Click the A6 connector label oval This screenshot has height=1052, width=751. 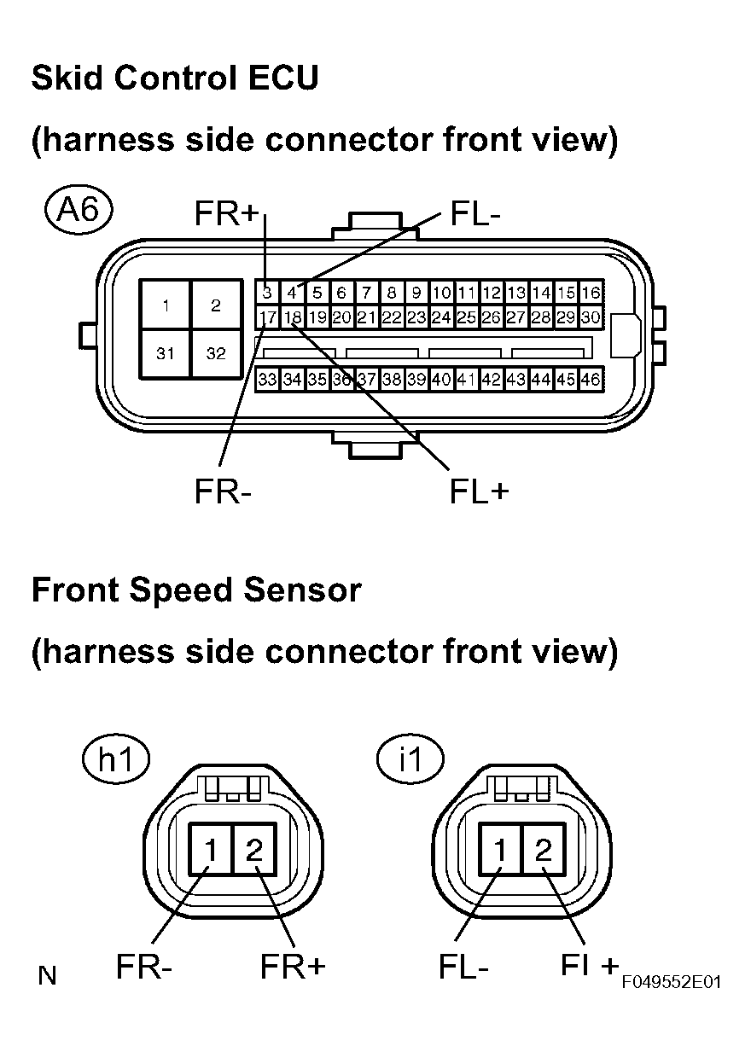pyautogui.click(x=77, y=210)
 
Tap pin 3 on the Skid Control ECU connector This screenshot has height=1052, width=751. pyautogui.click(x=267, y=293)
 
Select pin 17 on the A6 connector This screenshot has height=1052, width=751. pyautogui.click(x=267, y=317)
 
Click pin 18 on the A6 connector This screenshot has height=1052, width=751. pyautogui.click(x=293, y=317)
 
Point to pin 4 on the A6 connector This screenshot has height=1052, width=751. pyautogui.click(x=292, y=293)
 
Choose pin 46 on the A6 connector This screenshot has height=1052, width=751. pyautogui.click(x=591, y=379)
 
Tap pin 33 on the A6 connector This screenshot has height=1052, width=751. pyautogui.click(x=267, y=379)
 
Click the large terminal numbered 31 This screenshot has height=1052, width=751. pyautogui.click(x=166, y=353)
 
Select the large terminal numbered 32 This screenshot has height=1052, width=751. pyautogui.click(x=215, y=353)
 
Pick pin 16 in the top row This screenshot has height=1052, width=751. pyautogui.click(x=591, y=293)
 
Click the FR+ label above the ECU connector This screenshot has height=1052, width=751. pyautogui.click(x=225, y=213)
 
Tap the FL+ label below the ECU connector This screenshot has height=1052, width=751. pyautogui.click(x=479, y=491)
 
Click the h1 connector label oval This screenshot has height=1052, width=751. pyautogui.click(x=117, y=760)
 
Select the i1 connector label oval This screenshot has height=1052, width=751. pyautogui.click(x=410, y=760)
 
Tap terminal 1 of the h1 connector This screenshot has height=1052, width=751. pyautogui.click(x=210, y=850)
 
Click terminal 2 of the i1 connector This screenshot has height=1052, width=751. pyautogui.click(x=543, y=850)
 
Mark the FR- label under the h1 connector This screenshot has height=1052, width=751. pyautogui.click(x=144, y=968)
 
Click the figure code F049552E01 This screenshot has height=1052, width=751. pyautogui.click(x=671, y=982)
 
